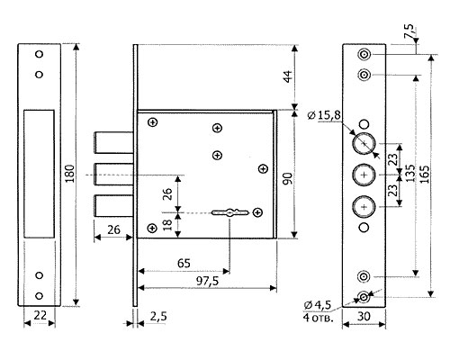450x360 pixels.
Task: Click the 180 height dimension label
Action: pyautogui.click(x=69, y=173)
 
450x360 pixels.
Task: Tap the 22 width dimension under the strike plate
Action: pyautogui.click(x=40, y=315)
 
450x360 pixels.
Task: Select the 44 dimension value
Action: pyautogui.click(x=288, y=76)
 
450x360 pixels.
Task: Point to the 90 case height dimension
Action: pyautogui.click(x=288, y=179)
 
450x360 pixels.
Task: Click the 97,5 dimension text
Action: pyautogui.click(x=208, y=281)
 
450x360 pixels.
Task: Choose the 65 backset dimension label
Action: pyautogui.click(x=184, y=263)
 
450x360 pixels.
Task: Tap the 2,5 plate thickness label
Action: pyautogui.click(x=157, y=317)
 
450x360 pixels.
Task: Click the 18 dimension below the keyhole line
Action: pyautogui.click(x=167, y=225)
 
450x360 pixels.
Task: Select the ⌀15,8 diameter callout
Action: pyautogui.click(x=325, y=115)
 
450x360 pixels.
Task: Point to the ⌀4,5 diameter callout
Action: pyautogui.click(x=318, y=305)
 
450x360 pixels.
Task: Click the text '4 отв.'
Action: pyautogui.click(x=318, y=318)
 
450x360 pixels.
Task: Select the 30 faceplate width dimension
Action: pyautogui.click(x=364, y=316)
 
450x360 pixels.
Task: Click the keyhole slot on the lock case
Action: pyautogui.click(x=230, y=212)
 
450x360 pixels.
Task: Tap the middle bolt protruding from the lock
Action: pyautogui.click(x=114, y=174)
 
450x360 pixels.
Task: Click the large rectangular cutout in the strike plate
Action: pyautogui.click(x=39, y=174)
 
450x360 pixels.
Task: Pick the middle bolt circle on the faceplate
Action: pyautogui.click(x=364, y=175)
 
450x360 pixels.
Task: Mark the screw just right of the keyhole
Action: pyautogui.click(x=257, y=212)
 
